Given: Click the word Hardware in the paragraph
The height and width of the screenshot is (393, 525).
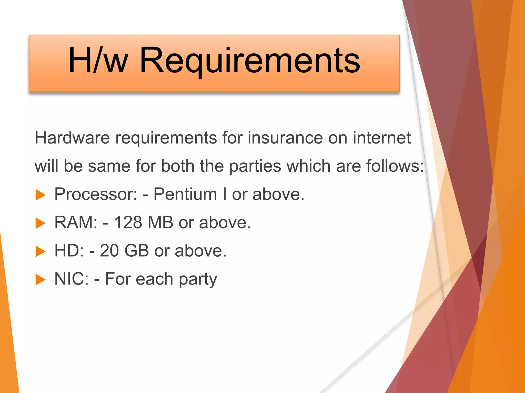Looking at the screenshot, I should pyautogui.click(x=72, y=138).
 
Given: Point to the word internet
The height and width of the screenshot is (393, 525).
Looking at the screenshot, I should pyautogui.click(x=382, y=138).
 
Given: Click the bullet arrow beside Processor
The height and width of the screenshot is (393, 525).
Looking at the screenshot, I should pyautogui.click(x=40, y=195).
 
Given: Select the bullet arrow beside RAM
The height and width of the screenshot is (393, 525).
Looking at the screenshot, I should pyautogui.click(x=40, y=223).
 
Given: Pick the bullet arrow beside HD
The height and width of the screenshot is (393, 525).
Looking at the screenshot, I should pyautogui.click(x=40, y=251).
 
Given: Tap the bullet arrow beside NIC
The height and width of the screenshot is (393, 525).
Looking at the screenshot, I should pyautogui.click(x=40, y=279).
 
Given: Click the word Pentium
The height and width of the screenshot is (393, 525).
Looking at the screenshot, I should pyautogui.click(x=185, y=194).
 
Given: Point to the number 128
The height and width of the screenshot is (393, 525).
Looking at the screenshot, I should pyautogui.click(x=128, y=222).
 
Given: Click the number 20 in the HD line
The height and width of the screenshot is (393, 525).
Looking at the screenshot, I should pyautogui.click(x=109, y=250).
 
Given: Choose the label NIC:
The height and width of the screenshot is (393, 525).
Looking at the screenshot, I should pyautogui.click(x=72, y=279).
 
